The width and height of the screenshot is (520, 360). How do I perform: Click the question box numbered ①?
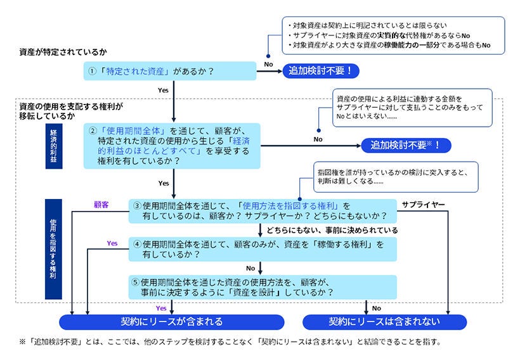point(170,72)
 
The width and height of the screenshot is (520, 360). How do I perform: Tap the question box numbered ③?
point(263,212)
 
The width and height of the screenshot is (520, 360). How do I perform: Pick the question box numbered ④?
point(263,248)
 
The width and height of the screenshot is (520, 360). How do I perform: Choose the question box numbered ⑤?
point(263,287)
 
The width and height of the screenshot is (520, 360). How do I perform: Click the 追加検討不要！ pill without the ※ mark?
point(320,71)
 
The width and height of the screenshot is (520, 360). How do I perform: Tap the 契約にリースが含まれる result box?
point(171,322)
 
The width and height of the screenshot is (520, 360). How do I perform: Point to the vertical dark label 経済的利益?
point(54,146)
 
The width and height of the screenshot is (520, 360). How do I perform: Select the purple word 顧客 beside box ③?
point(101,205)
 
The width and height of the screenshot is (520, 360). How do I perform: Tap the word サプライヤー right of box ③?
point(423,205)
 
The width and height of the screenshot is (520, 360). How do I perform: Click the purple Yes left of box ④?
point(112,243)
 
